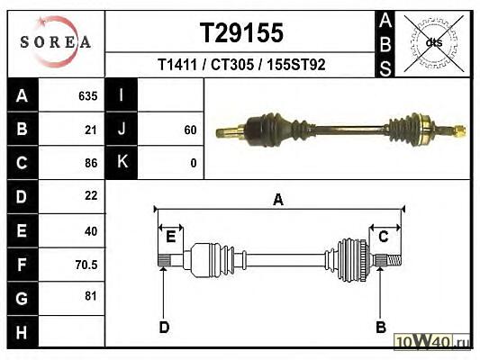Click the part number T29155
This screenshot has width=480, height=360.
[241, 32]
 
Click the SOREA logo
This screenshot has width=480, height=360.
[56, 41]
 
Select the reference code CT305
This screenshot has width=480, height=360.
[232, 65]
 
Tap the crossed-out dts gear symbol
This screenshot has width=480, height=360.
[434, 43]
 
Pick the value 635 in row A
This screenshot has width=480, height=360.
[88, 96]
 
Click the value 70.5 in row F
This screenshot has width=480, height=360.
[86, 265]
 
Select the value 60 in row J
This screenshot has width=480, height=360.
[190, 130]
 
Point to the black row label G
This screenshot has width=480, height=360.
[22, 299]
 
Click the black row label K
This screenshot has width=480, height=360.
[122, 161]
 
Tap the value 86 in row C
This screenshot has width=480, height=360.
[91, 163]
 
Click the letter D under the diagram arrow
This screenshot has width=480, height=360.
[165, 328]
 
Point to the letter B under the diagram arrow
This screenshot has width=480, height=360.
[381, 328]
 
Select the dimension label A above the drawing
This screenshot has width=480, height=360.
[278, 200]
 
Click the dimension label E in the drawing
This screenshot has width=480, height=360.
[170, 237]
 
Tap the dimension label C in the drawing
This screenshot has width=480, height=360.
[384, 237]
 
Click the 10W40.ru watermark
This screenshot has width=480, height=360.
[431, 341]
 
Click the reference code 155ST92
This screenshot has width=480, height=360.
[296, 65]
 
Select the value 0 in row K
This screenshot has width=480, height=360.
[193, 163]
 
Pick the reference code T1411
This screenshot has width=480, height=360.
[177, 65]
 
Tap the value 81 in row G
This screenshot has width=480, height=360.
[91, 296]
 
